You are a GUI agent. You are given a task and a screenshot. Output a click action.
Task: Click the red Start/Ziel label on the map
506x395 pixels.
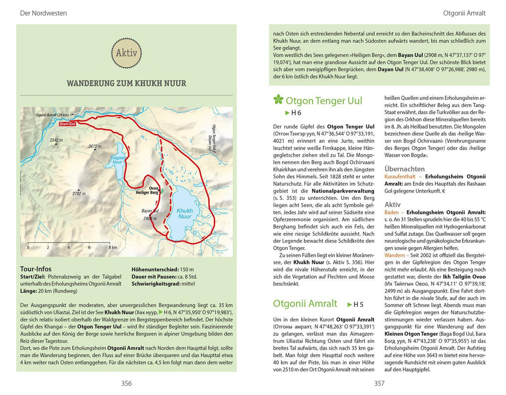(67, 123)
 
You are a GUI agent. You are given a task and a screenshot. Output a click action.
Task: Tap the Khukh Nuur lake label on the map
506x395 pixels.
(185, 214)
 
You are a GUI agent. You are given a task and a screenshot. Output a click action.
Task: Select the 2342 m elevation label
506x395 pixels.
(56, 140)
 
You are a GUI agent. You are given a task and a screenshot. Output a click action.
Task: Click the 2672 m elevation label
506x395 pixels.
(95, 146)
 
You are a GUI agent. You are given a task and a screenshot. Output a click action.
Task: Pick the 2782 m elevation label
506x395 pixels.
(79, 193)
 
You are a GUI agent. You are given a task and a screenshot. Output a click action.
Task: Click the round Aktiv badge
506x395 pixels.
(126, 53)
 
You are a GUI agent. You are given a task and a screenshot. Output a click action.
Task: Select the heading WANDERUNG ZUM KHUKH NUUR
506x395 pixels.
(126, 84)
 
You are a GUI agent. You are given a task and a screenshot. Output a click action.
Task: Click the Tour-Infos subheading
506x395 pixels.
(36, 269)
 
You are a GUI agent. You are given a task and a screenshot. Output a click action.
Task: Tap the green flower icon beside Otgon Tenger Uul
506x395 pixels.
(278, 99)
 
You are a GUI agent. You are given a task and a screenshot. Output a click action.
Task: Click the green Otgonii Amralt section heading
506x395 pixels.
(305, 304)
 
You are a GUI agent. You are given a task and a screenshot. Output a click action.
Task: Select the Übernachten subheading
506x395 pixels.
(404, 169)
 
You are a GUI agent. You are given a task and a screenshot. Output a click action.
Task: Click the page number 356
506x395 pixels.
(126, 383)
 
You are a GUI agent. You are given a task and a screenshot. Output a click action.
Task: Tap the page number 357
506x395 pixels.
(379, 383)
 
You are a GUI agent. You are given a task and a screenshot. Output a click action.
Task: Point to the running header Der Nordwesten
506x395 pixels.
(43, 13)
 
